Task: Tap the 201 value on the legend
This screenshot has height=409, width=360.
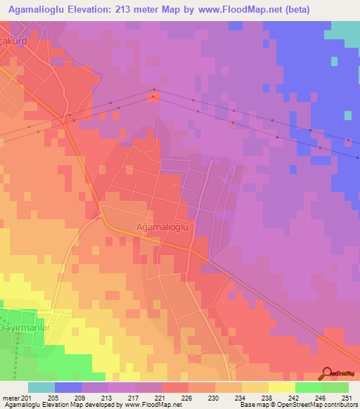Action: pyautogui.click(x=27, y=397)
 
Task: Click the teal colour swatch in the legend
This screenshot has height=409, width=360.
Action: pyautogui.click(x=41, y=387)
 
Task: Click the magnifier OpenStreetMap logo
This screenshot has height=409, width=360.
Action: pyautogui.click(x=328, y=372)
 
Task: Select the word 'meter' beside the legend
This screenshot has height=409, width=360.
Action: pyautogui.click(x=11, y=397)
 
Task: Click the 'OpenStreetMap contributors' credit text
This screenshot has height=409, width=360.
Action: pyautogui.click(x=317, y=405)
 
